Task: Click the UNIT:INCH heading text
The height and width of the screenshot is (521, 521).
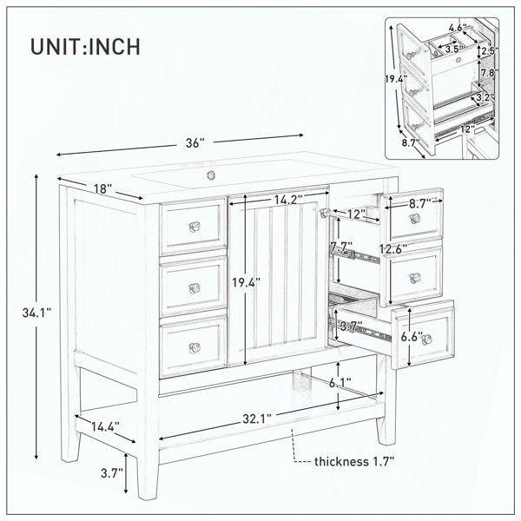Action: pyautogui.click(x=85, y=47)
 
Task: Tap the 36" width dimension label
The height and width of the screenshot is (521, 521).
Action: pyautogui.click(x=195, y=143)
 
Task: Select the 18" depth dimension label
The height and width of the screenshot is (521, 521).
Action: pyautogui.click(x=102, y=188)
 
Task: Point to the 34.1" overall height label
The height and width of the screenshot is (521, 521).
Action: pyautogui.click(x=36, y=313)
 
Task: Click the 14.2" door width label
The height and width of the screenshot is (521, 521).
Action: pyautogui.click(x=288, y=200)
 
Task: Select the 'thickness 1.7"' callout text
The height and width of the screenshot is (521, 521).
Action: pyautogui.click(x=354, y=462)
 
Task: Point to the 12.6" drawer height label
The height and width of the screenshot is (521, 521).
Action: pyautogui.click(x=393, y=248)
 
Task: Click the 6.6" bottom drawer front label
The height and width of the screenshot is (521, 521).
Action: pyautogui.click(x=412, y=337)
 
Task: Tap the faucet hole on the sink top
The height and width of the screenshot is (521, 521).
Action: pyautogui.click(x=211, y=174)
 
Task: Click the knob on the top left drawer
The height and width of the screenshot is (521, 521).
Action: pyautogui.click(x=195, y=227)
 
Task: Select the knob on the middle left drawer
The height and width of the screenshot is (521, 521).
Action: pyautogui.click(x=195, y=287)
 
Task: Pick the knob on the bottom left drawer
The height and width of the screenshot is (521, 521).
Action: pyautogui.click(x=195, y=348)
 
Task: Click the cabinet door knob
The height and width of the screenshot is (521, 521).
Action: pyautogui.click(x=325, y=212)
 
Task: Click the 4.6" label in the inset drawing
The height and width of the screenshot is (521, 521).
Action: pyautogui.click(x=458, y=27)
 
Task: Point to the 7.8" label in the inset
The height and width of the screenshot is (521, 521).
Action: pyautogui.click(x=490, y=73)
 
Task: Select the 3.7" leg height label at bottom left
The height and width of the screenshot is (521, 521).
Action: pyautogui.click(x=112, y=472)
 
